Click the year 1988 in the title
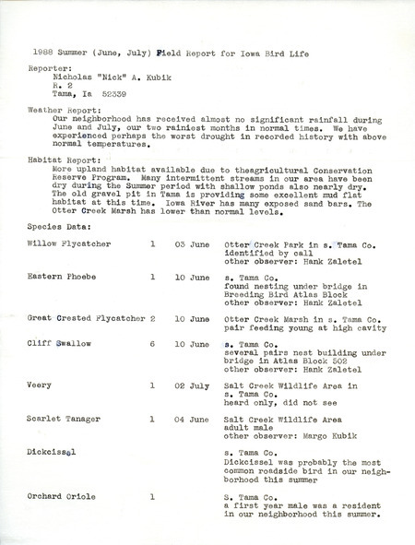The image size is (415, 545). [44, 53]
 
